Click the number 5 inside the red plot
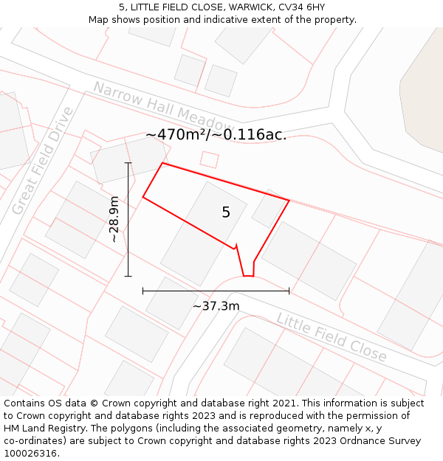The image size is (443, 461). [x=226, y=212]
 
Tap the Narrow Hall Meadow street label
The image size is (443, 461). [x=162, y=105]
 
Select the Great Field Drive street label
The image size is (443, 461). [x=43, y=161]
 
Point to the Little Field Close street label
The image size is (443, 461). [x=332, y=337]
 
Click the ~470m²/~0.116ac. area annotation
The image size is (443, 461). [x=216, y=135]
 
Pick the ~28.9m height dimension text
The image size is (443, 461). [x=114, y=219]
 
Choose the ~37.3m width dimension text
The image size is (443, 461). [x=216, y=305]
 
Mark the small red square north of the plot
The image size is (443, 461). [x=210, y=159]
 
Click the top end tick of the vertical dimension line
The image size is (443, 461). [x=128, y=163]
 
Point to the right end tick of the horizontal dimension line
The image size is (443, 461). [x=289, y=291]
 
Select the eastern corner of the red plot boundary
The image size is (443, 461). [x=289, y=201]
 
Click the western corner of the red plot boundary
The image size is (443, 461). [x=142, y=197]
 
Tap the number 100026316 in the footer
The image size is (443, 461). [x=29, y=453]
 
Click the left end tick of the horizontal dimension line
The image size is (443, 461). [x=143, y=291]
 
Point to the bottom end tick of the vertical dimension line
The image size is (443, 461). [x=128, y=277]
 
